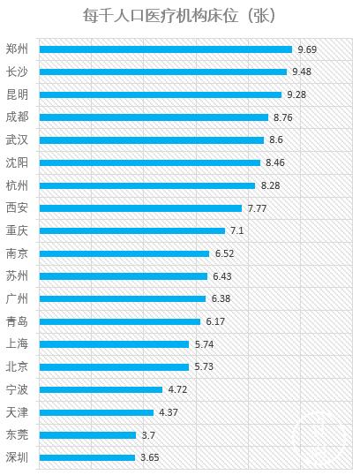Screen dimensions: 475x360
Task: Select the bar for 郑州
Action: (x=166, y=49)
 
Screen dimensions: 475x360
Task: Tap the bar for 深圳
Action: (x=88, y=457)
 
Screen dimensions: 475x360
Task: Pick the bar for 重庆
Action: (x=132, y=230)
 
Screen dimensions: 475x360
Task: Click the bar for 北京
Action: (x=115, y=366)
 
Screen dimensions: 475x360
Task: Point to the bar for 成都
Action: (x=154, y=117)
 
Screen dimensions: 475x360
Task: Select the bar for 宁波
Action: (x=101, y=389)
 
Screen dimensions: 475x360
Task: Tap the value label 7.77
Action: (x=257, y=208)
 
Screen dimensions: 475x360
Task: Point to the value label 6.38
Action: (x=221, y=298)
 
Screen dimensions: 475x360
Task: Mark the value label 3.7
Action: (x=148, y=434)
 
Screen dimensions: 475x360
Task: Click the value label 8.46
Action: (x=274, y=162)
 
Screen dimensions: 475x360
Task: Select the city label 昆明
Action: (x=17, y=94)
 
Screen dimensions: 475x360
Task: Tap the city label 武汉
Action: (x=17, y=139)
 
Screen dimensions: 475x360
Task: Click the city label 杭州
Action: (x=17, y=185)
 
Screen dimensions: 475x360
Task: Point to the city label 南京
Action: (x=17, y=253)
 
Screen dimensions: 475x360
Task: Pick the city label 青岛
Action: (x=17, y=321)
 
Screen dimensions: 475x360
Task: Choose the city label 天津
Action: (x=17, y=411)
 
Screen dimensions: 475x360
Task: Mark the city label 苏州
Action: (x=17, y=275)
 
